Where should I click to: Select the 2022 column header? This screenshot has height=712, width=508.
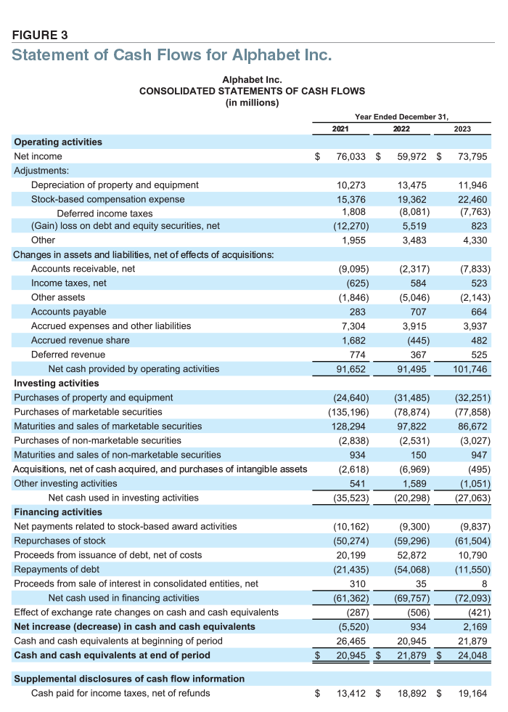pyautogui.click(x=401, y=129)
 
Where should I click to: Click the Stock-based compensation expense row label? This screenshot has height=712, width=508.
pyautogui.click(x=107, y=199)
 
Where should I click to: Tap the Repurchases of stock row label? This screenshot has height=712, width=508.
pyautogui.click(x=60, y=541)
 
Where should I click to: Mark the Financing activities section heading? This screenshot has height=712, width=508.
pyautogui.click(x=57, y=512)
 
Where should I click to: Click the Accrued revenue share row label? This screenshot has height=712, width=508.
pyautogui.click(x=81, y=341)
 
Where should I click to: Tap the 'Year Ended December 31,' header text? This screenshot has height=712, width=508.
pyautogui.click(x=401, y=116)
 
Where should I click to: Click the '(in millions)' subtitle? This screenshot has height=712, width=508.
pyautogui.click(x=252, y=102)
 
